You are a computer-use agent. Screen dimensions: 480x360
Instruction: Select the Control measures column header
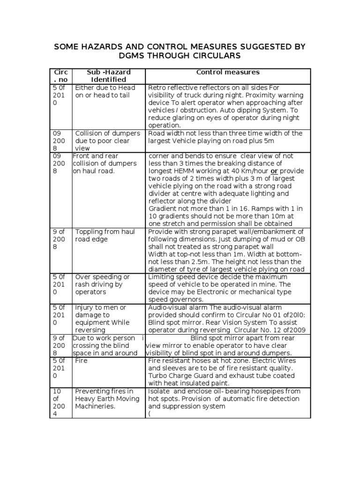(x=228, y=72)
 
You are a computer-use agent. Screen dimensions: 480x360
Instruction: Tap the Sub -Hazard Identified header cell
(x=109, y=76)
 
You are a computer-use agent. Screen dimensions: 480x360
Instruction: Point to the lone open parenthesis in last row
(x=150, y=414)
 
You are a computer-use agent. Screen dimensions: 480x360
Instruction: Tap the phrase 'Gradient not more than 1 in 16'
(x=196, y=209)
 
